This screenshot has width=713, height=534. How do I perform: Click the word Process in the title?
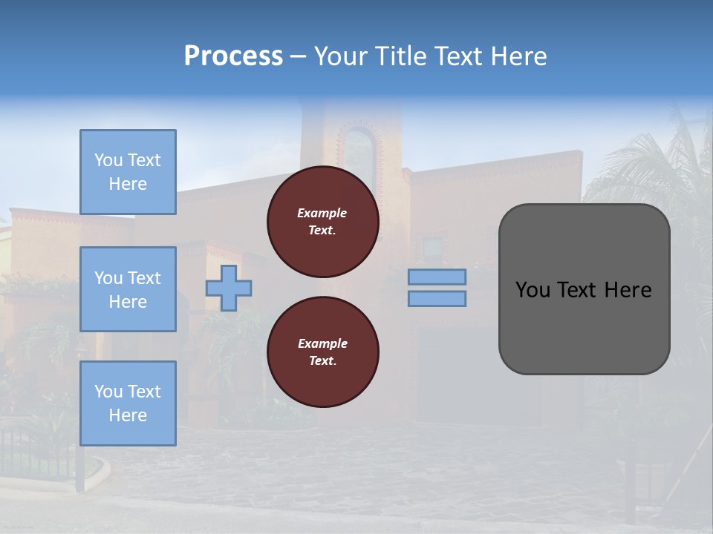(233, 56)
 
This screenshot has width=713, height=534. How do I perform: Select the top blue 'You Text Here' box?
(128, 172)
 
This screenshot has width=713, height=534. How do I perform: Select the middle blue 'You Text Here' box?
(128, 289)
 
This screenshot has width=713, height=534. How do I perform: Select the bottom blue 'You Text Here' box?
(128, 403)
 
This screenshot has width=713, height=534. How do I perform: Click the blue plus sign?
(229, 289)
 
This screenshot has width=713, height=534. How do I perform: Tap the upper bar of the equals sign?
(437, 277)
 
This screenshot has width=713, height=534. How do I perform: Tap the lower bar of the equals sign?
(437, 299)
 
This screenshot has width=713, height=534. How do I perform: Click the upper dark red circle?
(322, 222)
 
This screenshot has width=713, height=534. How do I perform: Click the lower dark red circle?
(322, 352)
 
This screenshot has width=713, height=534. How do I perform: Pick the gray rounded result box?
(584, 289)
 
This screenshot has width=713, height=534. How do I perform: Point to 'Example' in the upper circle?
(322, 214)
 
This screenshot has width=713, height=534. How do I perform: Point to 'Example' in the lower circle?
(322, 344)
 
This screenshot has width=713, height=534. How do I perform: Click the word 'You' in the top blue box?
(108, 160)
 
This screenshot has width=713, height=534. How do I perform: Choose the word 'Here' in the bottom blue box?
(128, 415)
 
